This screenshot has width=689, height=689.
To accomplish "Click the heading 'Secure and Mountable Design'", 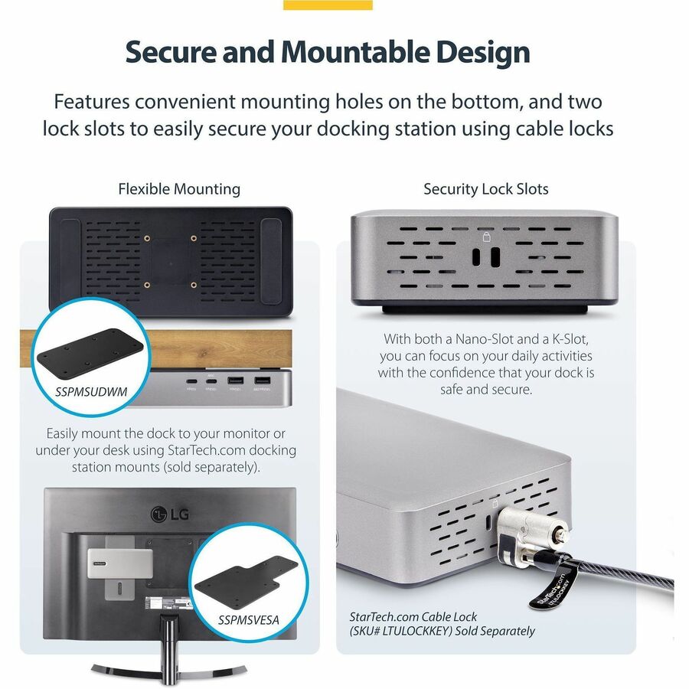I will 328,52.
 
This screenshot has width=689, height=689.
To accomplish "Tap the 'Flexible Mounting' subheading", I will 179,189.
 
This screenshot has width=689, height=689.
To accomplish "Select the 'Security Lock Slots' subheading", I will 486,189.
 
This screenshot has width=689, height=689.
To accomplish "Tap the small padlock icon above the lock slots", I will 486,237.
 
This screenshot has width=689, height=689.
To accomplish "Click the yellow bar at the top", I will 328,5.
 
